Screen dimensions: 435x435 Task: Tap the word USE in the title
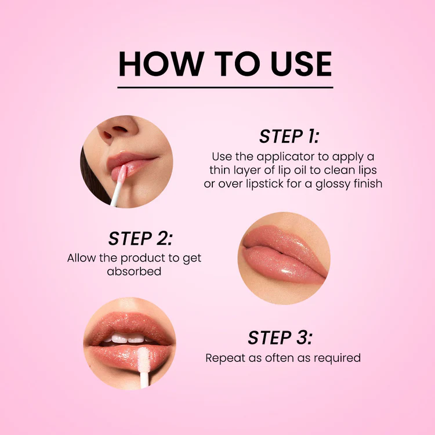tap(301, 64)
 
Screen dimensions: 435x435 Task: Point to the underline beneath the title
tap(225, 88)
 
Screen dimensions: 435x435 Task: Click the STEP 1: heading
tap(289, 136)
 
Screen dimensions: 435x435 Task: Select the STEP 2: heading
tap(140, 238)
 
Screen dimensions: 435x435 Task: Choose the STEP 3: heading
tap(280, 338)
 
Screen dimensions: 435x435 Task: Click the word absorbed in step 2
tap(134, 271)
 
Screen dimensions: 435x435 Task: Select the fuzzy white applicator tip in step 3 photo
tap(143, 360)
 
